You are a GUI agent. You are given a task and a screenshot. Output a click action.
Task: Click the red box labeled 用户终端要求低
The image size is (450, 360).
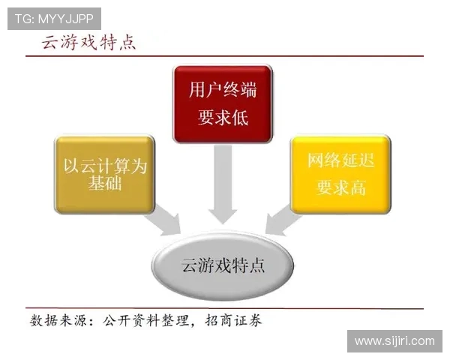(x=222, y=103)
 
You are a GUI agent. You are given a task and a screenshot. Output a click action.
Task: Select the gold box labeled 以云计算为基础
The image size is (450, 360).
(x=104, y=174)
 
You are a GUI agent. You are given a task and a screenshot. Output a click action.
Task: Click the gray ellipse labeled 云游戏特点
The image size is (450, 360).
(x=223, y=266)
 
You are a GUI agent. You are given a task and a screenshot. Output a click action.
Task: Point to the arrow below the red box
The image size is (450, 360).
(x=223, y=184)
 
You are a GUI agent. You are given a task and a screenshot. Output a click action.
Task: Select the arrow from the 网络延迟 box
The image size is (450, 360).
(x=283, y=220)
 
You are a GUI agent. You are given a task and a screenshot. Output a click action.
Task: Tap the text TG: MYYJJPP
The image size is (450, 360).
(x=52, y=16)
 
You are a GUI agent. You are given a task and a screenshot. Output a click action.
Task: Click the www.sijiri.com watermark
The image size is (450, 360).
(x=394, y=341)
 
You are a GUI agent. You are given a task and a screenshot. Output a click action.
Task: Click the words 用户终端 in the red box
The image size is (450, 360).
(x=222, y=91)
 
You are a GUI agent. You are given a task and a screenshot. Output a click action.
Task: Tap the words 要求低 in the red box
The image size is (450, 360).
(x=222, y=118)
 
